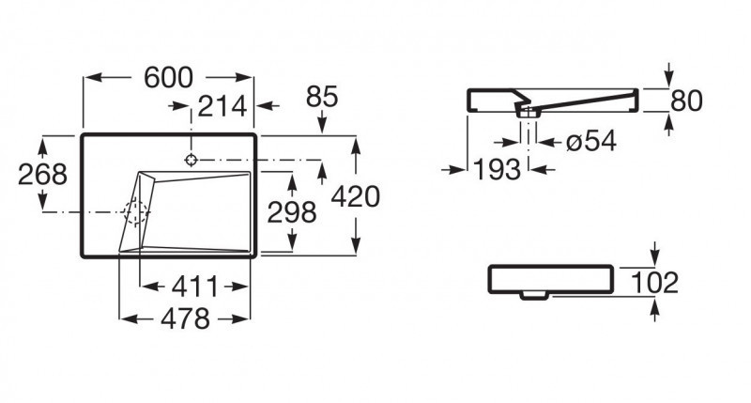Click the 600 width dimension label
(x=169, y=79)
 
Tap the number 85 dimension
(x=321, y=97)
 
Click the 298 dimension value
(x=292, y=212)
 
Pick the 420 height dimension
(x=356, y=196)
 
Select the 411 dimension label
(x=195, y=286)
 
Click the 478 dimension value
(x=184, y=319)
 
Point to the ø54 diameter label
(x=590, y=142)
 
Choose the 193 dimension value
(x=497, y=170)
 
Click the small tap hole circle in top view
(x=192, y=159)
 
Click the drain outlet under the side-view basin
(x=529, y=113)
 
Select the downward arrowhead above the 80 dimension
(x=667, y=79)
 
